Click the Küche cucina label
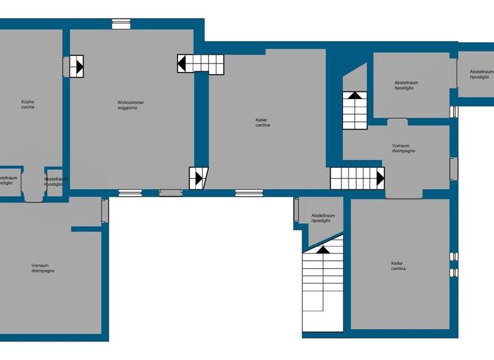pos(28,104)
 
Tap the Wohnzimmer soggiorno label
pos(131,105)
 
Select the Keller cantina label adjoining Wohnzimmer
pos(262,122)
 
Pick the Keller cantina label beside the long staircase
pos(398,265)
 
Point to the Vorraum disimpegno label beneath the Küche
pos(43,268)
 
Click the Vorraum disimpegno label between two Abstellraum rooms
pos(403,148)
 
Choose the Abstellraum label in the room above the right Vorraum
pos(407,85)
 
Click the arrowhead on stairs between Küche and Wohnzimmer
pos(79,66)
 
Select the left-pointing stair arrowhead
pos(182,64)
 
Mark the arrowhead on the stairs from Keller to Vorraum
pos(380,178)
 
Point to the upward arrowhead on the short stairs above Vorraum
pos(354,95)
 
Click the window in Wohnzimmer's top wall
pos(121,24)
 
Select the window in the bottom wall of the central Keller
pos(248,192)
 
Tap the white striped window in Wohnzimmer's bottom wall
pos(131,192)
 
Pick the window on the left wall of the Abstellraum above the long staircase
pos(297,210)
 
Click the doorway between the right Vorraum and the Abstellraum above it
pos(398,121)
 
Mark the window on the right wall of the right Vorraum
pos(453,168)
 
